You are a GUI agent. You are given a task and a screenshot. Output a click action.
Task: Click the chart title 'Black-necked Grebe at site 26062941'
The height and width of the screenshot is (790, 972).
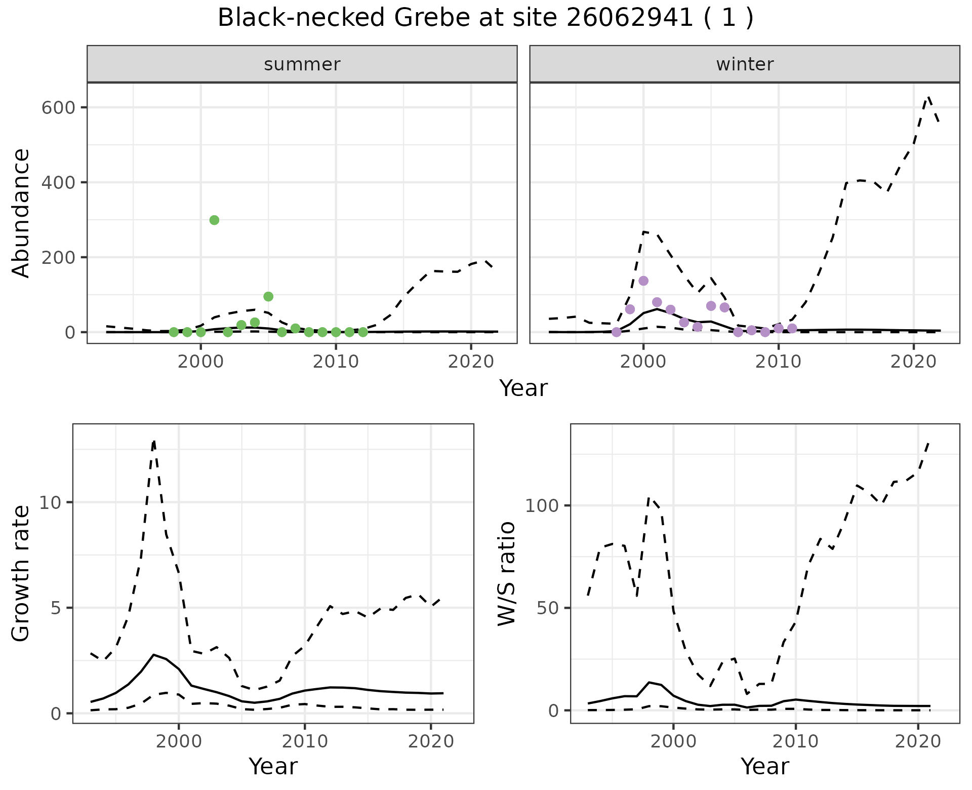click(485, 18)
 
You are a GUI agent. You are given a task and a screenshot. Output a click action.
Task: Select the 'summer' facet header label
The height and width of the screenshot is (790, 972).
click(302, 64)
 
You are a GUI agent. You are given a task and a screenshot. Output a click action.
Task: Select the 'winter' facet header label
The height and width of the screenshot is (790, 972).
click(745, 64)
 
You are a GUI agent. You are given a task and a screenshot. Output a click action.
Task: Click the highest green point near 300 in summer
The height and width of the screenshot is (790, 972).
click(214, 220)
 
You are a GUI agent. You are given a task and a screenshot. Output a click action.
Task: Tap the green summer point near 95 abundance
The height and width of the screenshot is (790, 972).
click(268, 296)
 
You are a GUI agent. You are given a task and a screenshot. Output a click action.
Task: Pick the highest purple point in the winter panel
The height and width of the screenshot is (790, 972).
click(643, 281)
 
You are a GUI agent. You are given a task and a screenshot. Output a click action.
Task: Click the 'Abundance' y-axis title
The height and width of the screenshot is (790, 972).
click(21, 213)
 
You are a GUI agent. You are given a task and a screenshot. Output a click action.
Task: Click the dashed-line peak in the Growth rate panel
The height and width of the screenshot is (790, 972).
click(154, 441)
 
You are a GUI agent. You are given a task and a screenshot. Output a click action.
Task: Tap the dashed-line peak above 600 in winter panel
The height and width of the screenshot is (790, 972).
click(928, 96)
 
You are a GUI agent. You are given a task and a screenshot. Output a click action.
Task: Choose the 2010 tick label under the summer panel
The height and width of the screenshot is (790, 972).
click(336, 362)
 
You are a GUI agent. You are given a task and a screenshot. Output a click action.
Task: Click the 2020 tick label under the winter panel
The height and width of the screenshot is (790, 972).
click(913, 362)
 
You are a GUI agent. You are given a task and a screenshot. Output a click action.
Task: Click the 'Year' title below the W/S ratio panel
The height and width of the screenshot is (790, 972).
click(764, 767)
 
